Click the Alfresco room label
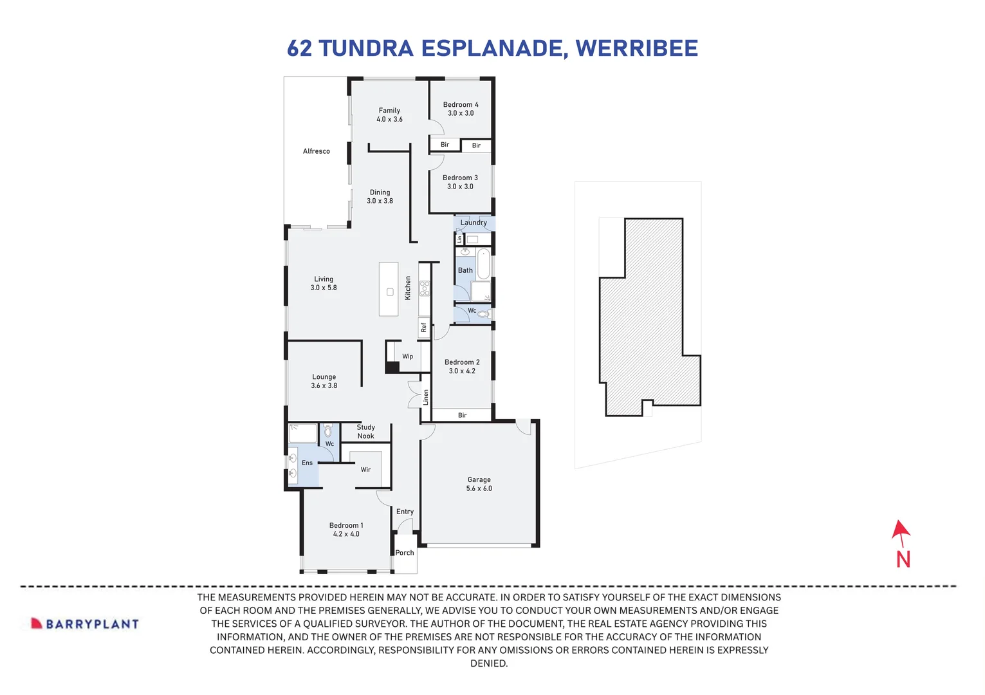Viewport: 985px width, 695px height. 316,151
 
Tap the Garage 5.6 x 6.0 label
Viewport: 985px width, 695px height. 479,484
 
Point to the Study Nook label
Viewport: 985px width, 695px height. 365,432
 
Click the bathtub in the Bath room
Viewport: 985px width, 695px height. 483,264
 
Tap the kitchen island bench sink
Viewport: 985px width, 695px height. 390,292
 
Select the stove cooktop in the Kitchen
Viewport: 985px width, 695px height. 425,288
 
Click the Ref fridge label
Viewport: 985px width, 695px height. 423,328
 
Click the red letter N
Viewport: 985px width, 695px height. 903,559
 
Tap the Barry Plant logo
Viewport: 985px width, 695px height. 85,624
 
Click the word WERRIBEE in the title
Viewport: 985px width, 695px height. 636,48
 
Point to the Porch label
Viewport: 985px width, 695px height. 405,553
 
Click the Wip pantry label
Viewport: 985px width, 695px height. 407,357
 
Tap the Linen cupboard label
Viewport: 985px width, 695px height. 425,397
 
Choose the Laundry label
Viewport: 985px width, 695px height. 474,223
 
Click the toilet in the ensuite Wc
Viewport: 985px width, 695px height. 328,431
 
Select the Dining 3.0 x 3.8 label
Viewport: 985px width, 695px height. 380,196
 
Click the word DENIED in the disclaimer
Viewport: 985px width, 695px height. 489,663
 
